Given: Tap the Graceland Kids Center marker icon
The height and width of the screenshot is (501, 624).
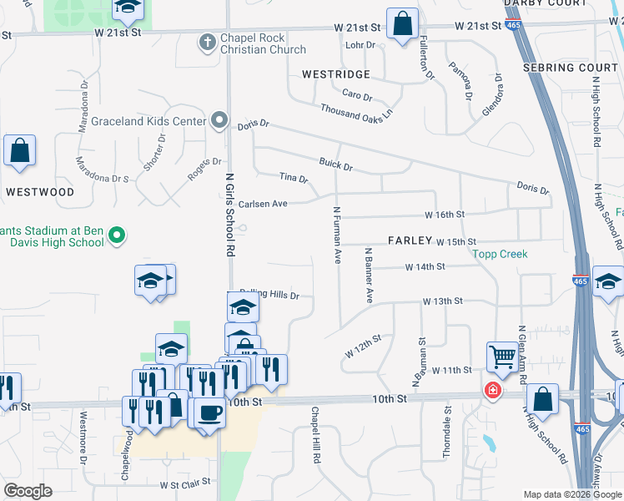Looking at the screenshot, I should [219, 122].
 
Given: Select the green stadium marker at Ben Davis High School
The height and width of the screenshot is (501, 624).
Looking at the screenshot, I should [117, 237].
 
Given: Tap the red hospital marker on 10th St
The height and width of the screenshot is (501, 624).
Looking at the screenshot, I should [493, 390].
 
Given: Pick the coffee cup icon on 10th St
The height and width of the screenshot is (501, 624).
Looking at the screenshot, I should [209, 412].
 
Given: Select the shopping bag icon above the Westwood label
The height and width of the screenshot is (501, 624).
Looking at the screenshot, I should [19, 151].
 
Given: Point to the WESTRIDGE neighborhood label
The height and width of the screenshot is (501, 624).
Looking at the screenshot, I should [336, 74].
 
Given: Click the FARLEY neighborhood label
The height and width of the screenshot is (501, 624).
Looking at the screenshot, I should [409, 240].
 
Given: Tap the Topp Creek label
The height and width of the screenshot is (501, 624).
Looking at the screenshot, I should [500, 254].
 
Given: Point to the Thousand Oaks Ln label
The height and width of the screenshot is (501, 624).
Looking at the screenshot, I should [356, 109].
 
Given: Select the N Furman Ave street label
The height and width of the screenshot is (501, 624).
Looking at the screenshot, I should [338, 235].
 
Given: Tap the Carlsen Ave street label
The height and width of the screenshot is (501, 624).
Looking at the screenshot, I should [263, 204].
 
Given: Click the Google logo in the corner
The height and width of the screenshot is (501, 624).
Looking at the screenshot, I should [28, 490].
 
